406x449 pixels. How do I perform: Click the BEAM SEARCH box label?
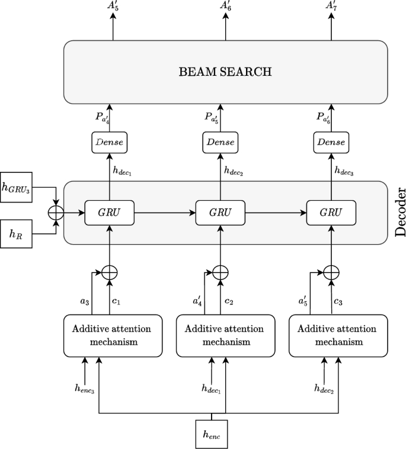click(x=225, y=72)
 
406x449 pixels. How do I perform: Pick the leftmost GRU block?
click(x=109, y=213)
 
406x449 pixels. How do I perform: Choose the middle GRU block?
click(x=220, y=213)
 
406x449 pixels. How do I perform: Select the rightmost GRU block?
click(x=331, y=213)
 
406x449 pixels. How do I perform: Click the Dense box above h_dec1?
click(x=109, y=142)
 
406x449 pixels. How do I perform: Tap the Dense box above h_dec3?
click(x=331, y=142)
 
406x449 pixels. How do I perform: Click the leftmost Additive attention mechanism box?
click(x=113, y=335)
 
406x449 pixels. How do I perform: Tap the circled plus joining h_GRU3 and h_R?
click(x=57, y=212)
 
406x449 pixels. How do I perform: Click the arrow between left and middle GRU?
click(x=164, y=213)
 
